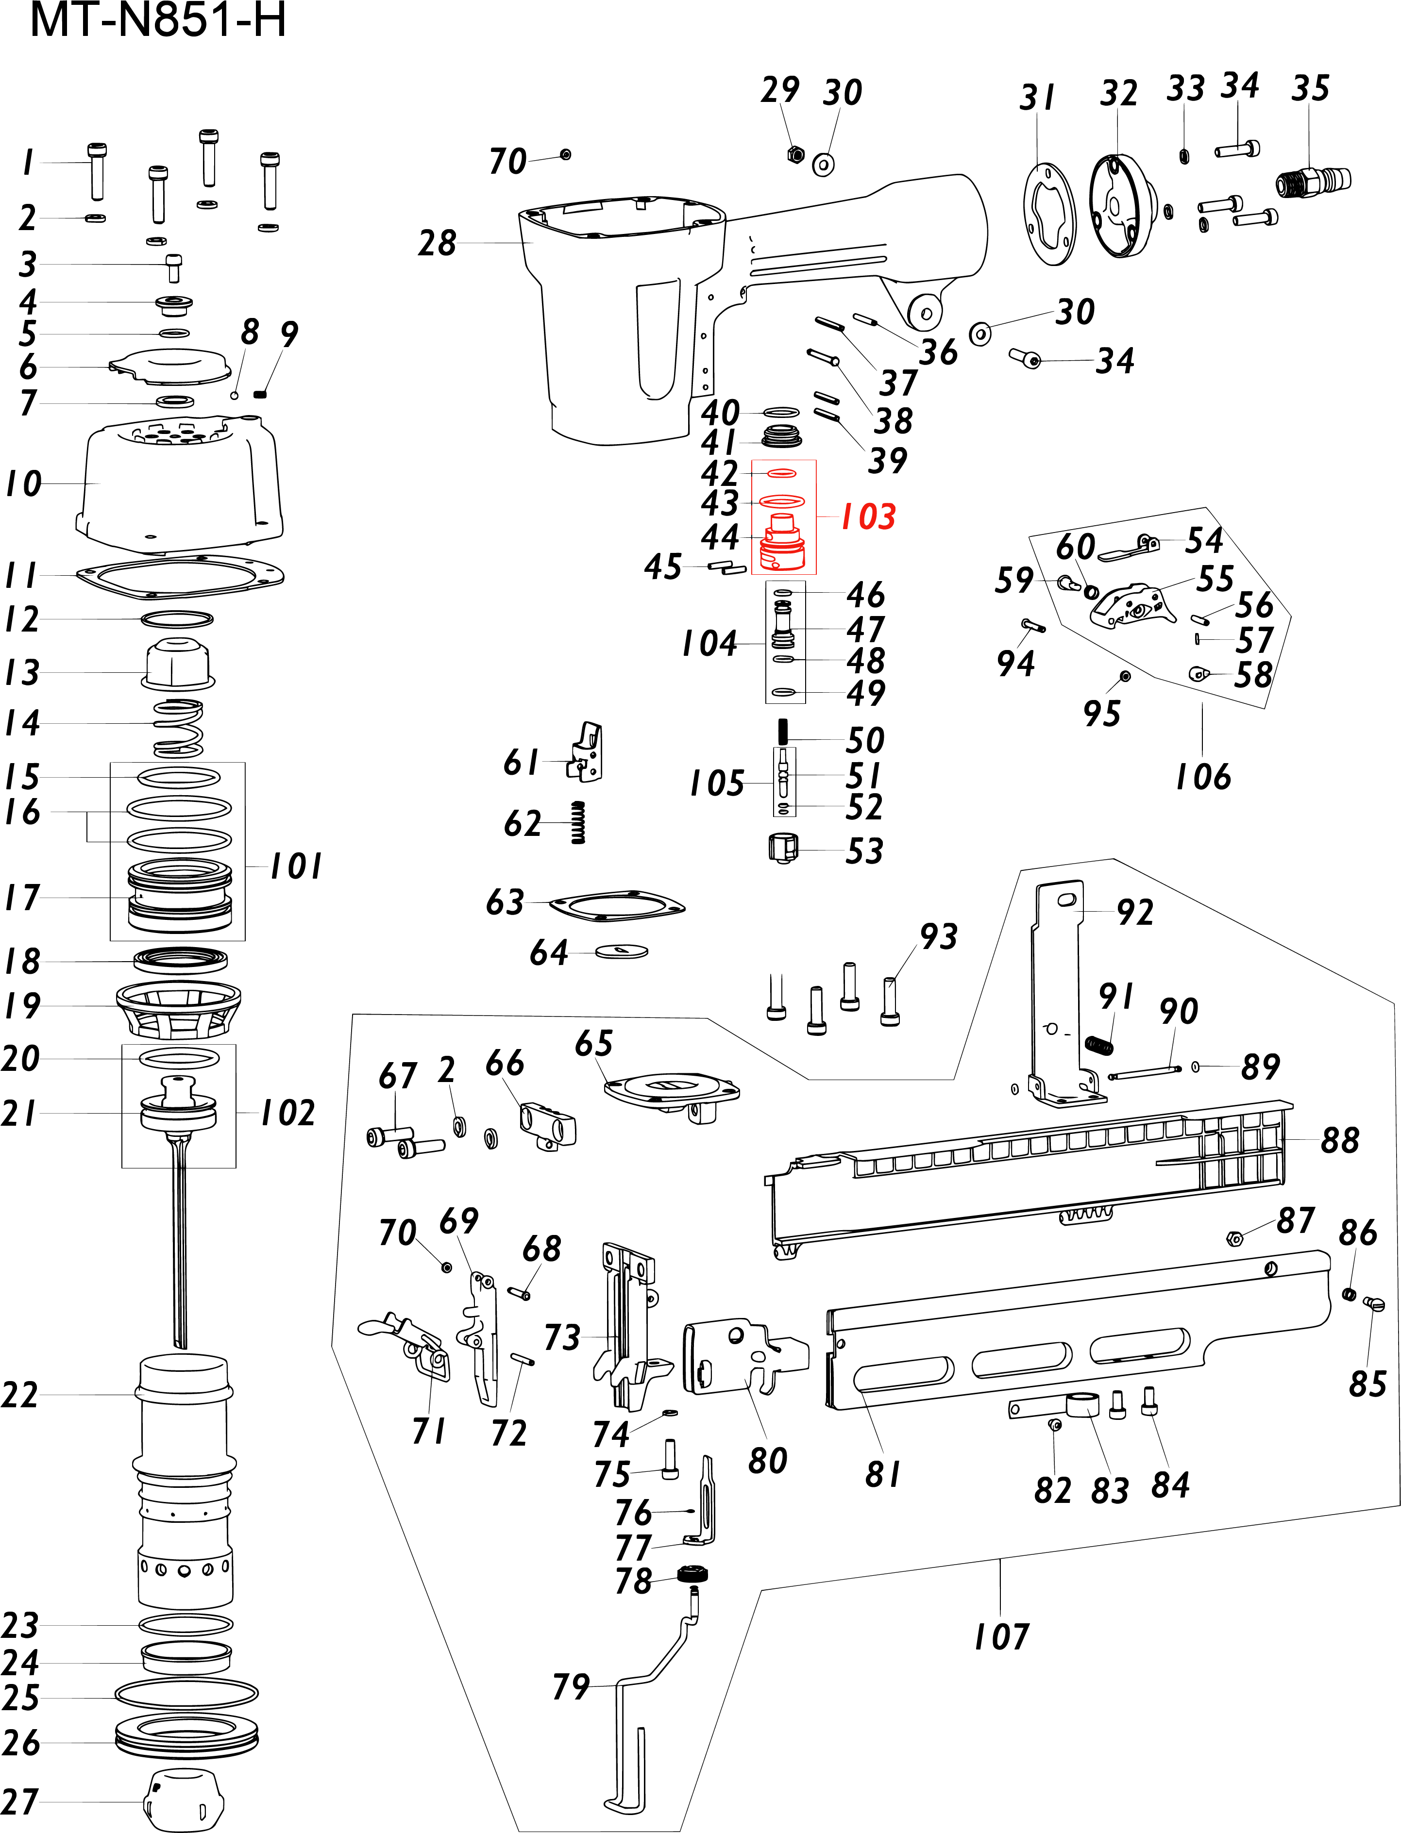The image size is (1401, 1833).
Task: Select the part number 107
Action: point(1001,1636)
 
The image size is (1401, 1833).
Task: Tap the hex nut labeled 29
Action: point(795,154)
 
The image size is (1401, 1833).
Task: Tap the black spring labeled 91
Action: point(1099,1044)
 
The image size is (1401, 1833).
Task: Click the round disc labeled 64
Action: point(622,950)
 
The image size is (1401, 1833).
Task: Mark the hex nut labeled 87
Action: point(1235,1238)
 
